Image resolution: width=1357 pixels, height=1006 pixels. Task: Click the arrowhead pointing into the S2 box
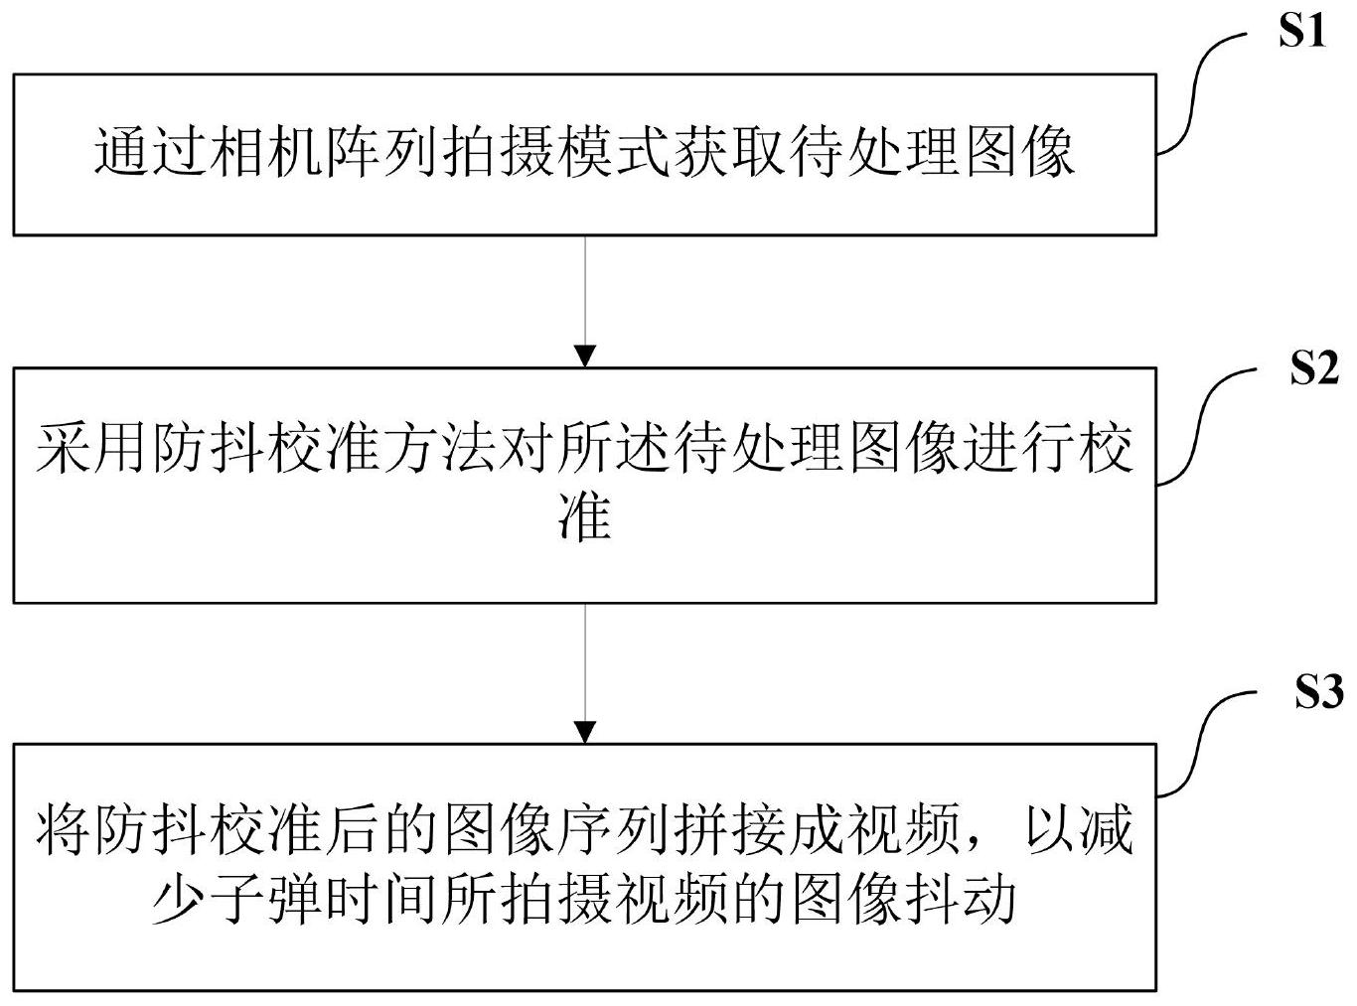point(585,356)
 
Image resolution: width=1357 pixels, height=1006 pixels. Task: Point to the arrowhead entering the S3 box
point(585,731)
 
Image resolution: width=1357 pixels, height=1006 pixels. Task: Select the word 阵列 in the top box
point(382,154)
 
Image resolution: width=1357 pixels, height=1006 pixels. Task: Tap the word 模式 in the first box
point(614,154)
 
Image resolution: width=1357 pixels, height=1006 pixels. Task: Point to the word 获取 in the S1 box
point(729,154)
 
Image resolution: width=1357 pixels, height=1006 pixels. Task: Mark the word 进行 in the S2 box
point(1023,452)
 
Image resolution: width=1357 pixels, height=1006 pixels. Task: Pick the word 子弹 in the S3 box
point(266,899)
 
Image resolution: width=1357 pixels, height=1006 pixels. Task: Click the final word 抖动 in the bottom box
point(964,899)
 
